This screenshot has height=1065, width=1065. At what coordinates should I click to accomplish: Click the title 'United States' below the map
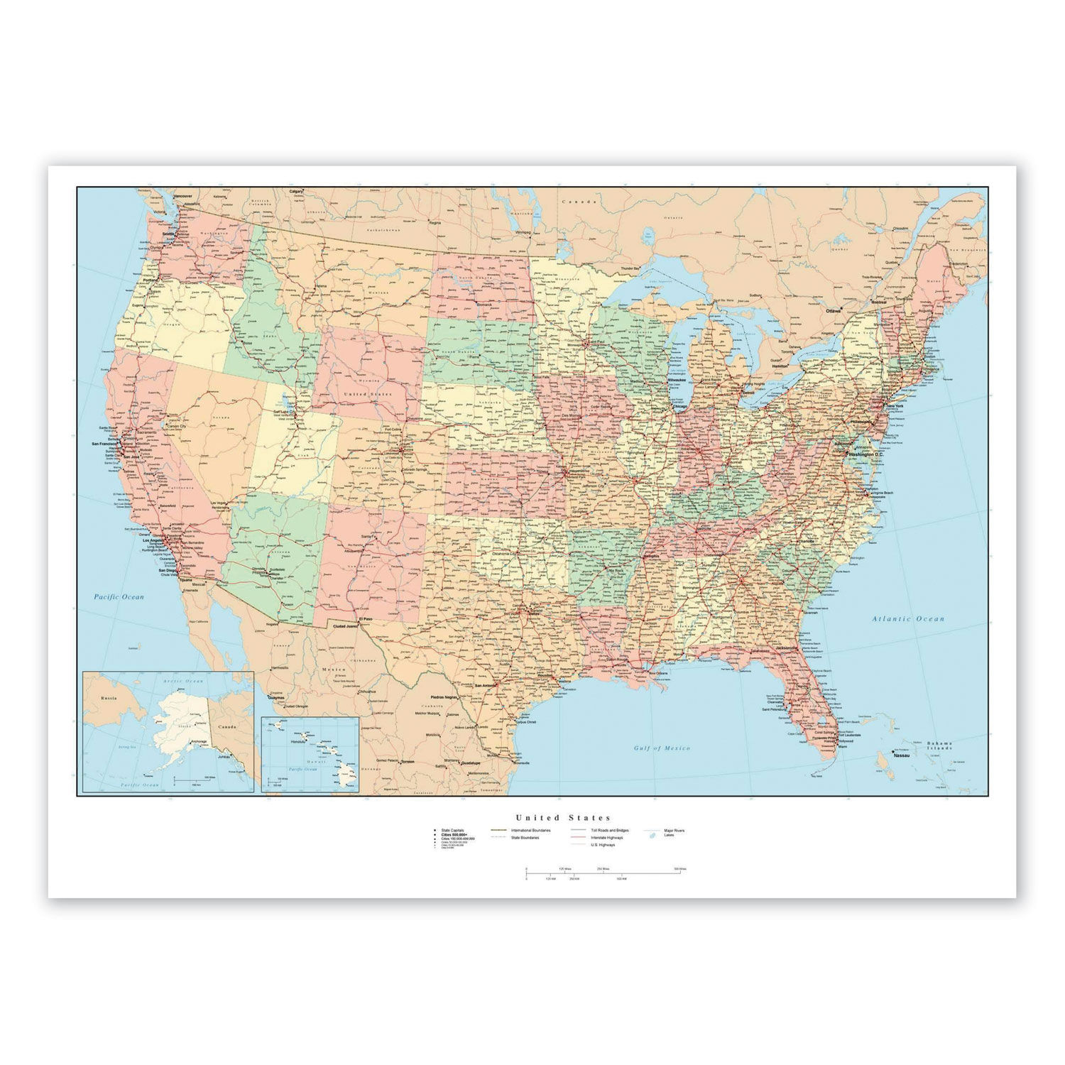(x=563, y=818)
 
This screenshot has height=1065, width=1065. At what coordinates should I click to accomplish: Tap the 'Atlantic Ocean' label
(x=908, y=619)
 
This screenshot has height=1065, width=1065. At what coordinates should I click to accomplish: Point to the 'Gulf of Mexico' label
(x=662, y=748)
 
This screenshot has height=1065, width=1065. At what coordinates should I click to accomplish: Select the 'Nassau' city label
(x=902, y=755)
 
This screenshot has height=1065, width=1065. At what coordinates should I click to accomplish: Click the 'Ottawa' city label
(x=832, y=310)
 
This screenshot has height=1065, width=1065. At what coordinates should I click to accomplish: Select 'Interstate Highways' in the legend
(x=606, y=838)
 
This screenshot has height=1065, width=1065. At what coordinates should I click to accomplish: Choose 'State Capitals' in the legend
(x=452, y=830)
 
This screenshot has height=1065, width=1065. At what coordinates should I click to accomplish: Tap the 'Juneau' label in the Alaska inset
(x=224, y=757)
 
